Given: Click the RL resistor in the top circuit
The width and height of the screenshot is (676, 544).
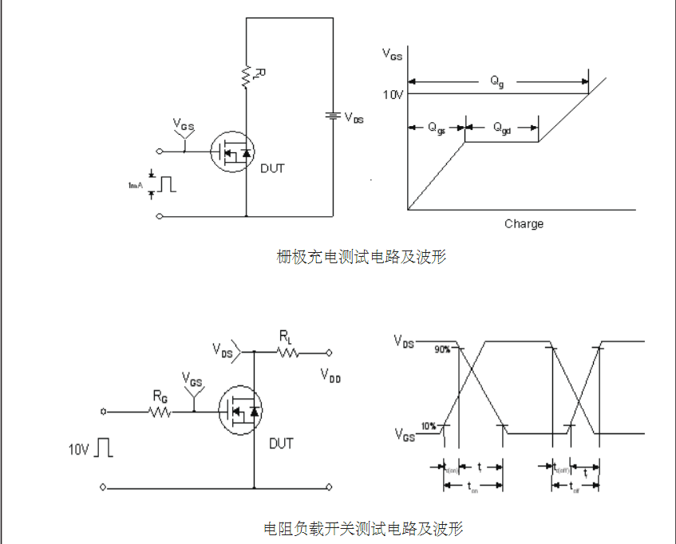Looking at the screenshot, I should coord(247,75).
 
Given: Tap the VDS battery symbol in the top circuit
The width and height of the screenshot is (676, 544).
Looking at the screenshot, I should coord(333,116).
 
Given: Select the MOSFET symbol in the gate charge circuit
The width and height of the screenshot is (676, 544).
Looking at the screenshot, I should coord(232,150).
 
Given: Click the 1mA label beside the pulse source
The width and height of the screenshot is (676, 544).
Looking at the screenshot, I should coord(135,184).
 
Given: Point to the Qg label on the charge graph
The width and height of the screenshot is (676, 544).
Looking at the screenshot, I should coord(497,81).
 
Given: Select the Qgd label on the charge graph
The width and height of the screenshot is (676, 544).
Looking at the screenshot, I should coord(501,128).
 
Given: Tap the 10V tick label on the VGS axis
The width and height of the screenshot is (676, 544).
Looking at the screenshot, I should coord(393,94).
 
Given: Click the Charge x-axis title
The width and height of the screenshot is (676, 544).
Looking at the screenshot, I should coord(524,224).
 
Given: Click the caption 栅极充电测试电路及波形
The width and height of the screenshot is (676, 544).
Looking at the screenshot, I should coord(362,257).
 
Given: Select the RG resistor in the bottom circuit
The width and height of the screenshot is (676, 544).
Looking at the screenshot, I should coord(160,412).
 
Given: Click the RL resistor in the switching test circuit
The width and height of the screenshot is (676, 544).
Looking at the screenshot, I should coord(287,352).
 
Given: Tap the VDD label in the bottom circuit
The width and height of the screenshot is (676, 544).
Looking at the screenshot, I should coord(330,375).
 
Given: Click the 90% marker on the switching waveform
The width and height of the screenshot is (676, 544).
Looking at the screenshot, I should coord(443,349).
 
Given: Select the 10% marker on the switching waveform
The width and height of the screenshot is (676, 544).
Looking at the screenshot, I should coord(429,426).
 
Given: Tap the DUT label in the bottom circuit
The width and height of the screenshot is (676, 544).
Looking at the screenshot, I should coord(281,443).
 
